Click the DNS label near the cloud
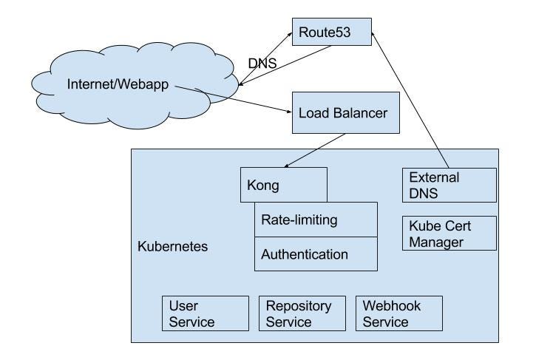pos(262,64)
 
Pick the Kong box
pos(284,185)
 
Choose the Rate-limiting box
pos(316,220)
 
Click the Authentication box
pos(316,254)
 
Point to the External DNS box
pos(449,185)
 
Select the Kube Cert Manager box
pos(449,233)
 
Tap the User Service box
pos(206,313)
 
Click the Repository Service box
pos(302,313)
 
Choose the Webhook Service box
pos(399,313)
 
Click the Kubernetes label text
pos(173,245)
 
